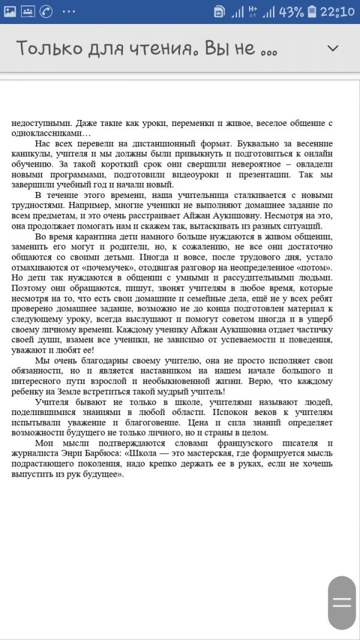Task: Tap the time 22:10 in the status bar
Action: coord(338,11)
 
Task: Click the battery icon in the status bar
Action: coord(311,11)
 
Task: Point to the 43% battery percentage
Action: coord(291,11)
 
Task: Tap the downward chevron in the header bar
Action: coord(332,49)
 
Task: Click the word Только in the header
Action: coord(45,48)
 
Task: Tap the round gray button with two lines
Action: coord(342,602)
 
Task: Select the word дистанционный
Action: coord(166,145)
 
